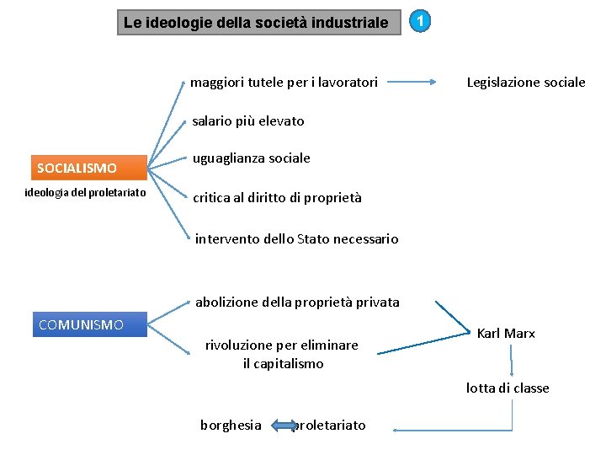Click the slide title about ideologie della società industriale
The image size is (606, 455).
click(x=257, y=23)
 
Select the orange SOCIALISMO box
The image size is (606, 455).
click(x=89, y=168)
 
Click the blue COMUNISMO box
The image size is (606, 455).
click(x=89, y=324)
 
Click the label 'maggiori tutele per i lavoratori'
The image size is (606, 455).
click(x=284, y=83)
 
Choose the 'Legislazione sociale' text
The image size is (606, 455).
click(x=526, y=83)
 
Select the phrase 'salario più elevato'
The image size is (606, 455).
click(x=248, y=121)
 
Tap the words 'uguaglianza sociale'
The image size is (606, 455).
click(x=252, y=158)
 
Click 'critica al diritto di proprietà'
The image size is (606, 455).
click(x=277, y=198)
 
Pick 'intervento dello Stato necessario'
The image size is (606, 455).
click(x=296, y=239)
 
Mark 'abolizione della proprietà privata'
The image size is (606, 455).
click(x=297, y=302)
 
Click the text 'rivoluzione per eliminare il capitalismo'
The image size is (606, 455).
click(x=281, y=354)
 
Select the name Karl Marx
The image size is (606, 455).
click(x=506, y=334)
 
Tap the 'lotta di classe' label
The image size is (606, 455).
click(x=508, y=388)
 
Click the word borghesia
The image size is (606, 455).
click(x=231, y=426)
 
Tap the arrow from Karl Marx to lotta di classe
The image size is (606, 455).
click(x=511, y=360)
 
